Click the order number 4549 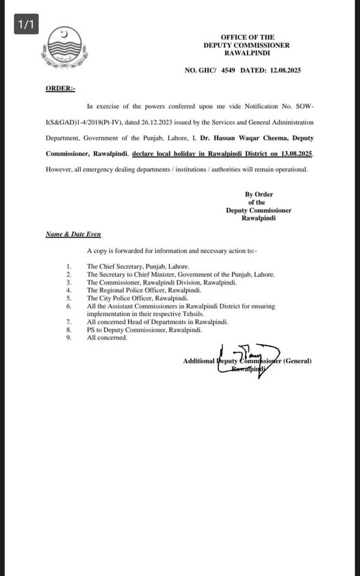pyautogui.click(x=228, y=70)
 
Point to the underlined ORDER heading pyautogui.click(x=60, y=89)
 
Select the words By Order pyautogui.click(x=259, y=194)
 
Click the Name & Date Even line pyautogui.click(x=73, y=234)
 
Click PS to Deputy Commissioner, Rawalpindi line pyautogui.click(x=144, y=330)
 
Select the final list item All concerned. pyautogui.click(x=107, y=337)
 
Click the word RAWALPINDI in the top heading pyautogui.click(x=247, y=53)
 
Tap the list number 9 pyautogui.click(x=68, y=337)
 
